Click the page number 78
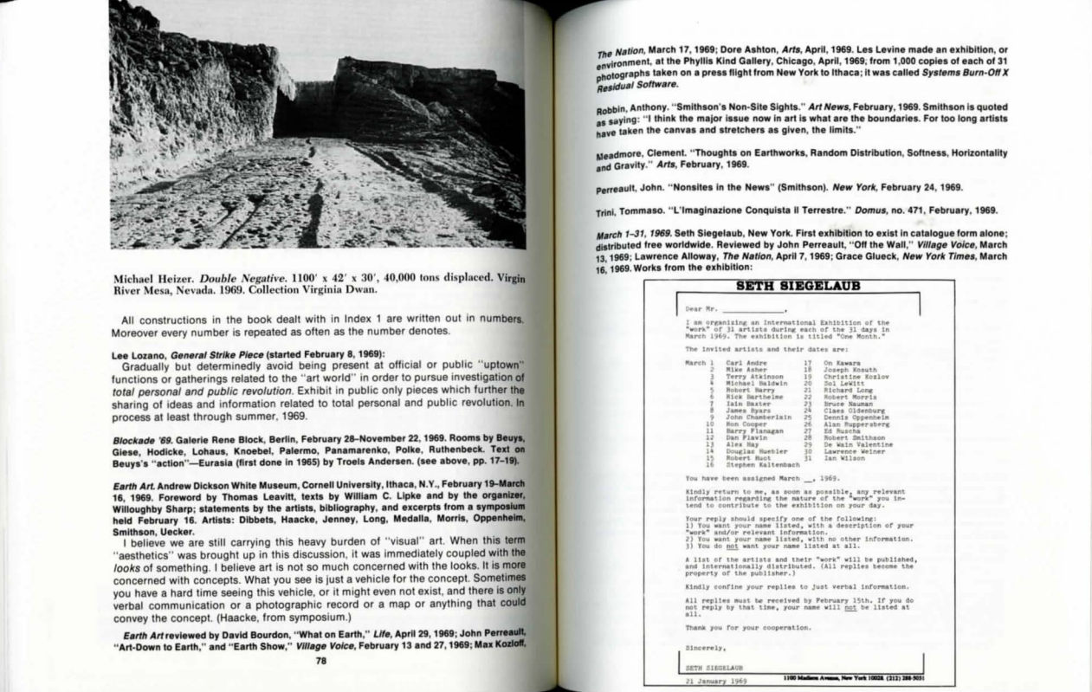point(320,660)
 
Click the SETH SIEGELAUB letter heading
point(787,287)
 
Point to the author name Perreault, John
point(607,187)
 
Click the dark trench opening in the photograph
point(299,113)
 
